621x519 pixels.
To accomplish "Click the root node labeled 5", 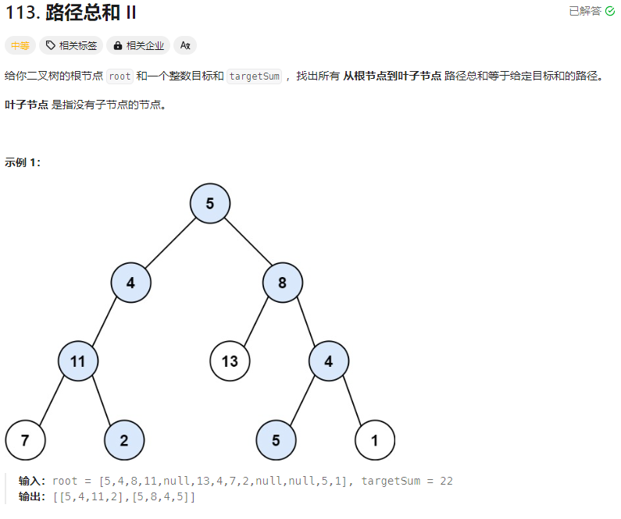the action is (209, 204).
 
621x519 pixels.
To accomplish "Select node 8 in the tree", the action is (282, 283).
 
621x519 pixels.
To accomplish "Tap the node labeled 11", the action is (77, 361).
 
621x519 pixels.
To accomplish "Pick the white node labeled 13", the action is (230, 361).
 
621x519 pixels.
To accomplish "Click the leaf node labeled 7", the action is (25, 440).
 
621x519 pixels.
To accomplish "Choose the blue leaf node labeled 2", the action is (124, 440).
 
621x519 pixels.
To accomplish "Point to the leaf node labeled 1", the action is (374, 440).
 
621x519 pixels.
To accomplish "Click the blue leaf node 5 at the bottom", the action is (276, 440).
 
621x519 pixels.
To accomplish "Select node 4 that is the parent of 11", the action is (130, 283).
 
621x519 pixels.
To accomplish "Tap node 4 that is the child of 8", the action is (328, 361).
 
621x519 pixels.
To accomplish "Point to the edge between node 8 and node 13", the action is (256, 322).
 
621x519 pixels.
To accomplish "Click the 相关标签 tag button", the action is (72, 45).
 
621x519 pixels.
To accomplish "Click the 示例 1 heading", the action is (23, 162).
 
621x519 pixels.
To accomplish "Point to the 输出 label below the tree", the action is (32, 496).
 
